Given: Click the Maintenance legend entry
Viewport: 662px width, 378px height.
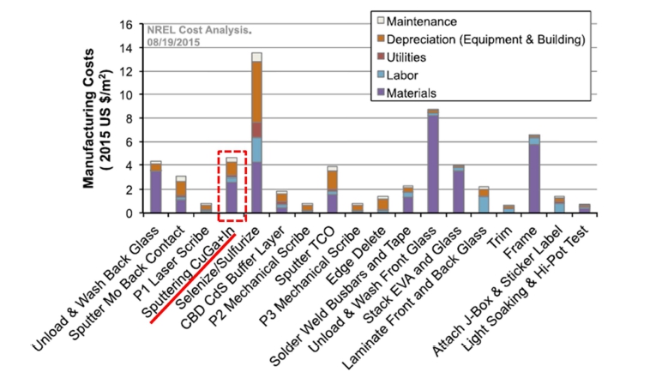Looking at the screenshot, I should coord(418,20).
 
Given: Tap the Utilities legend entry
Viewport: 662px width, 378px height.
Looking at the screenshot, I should coord(412,57).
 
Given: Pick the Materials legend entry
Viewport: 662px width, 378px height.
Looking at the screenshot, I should coord(415,93).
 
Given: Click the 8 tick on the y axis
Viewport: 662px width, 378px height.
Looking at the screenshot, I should coord(135,118).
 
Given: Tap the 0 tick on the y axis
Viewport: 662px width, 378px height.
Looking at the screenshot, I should coord(135,213).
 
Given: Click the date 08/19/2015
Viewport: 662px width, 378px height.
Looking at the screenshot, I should coord(178,41).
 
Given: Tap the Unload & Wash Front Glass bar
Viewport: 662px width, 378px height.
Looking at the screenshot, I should coord(434,161).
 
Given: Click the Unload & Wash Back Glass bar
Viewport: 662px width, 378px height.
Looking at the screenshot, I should coord(155,187).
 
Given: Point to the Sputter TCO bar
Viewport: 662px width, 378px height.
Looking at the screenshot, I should coord(332,189).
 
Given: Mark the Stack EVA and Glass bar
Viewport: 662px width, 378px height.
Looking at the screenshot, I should coord(459,189).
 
